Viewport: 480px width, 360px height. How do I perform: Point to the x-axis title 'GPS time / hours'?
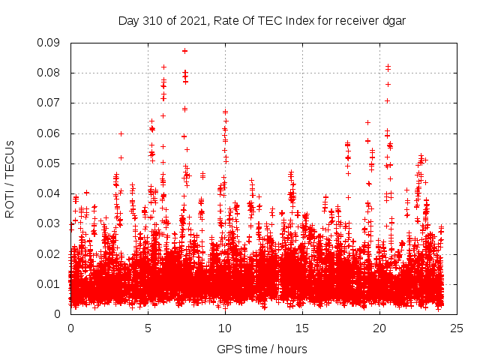click(x=262, y=349)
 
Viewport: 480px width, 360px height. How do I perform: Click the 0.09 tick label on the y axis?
click(x=50, y=43)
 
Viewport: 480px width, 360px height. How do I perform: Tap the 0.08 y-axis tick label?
click(x=50, y=73)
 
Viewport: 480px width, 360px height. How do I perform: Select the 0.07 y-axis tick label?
click(x=50, y=103)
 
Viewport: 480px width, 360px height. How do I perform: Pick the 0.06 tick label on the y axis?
click(x=50, y=133)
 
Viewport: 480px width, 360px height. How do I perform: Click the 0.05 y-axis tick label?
click(x=50, y=163)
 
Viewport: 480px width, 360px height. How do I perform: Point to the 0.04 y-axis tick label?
click(x=50, y=193)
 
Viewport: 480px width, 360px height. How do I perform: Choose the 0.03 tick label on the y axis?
click(x=50, y=223)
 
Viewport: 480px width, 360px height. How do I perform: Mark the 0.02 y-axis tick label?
click(x=50, y=253)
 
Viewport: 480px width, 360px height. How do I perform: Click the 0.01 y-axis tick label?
click(x=50, y=283)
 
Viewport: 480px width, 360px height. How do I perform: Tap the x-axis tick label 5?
click(x=148, y=328)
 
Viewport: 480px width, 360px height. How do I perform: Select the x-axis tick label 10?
click(x=225, y=328)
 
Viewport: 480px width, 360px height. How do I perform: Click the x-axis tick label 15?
click(x=302, y=328)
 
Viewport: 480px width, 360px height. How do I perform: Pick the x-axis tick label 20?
click(x=379, y=328)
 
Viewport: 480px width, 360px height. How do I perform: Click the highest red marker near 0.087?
click(x=184, y=51)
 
